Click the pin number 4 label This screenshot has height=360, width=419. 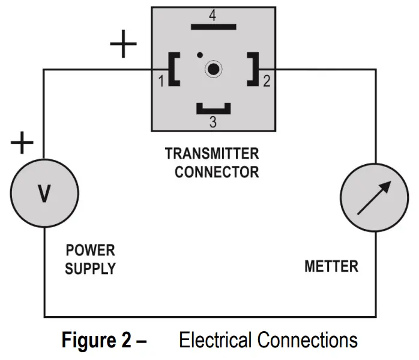pyautogui.click(x=213, y=15)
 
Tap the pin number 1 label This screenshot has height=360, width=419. pyautogui.click(x=161, y=81)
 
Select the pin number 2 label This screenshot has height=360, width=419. pyautogui.click(x=267, y=81)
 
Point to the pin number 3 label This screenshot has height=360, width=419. pyautogui.click(x=213, y=122)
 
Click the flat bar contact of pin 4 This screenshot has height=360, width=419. pyautogui.click(x=214, y=27)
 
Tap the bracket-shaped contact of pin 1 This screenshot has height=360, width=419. pyautogui.click(x=171, y=69)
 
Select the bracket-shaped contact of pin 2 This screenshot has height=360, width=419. pyautogui.click(x=256, y=69)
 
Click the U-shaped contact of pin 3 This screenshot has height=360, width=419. pyautogui.click(x=214, y=111)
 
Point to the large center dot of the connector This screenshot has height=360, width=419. pyautogui.click(x=213, y=69)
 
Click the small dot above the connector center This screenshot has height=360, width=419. pyautogui.click(x=200, y=55)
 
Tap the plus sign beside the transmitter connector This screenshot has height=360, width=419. pyautogui.click(x=123, y=44)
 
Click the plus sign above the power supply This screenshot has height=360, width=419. pyautogui.click(x=22, y=142)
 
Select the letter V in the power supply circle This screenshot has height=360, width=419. pyautogui.click(x=44, y=194)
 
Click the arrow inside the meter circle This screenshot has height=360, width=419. pyautogui.click(x=374, y=198)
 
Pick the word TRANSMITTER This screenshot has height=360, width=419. pyautogui.click(x=212, y=154)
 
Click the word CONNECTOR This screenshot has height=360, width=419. pyautogui.click(x=217, y=172)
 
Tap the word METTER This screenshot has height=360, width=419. pyautogui.click(x=331, y=266)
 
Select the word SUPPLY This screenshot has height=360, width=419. pyautogui.click(x=90, y=269)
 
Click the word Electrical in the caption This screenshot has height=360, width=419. pyautogui.click(x=216, y=340)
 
